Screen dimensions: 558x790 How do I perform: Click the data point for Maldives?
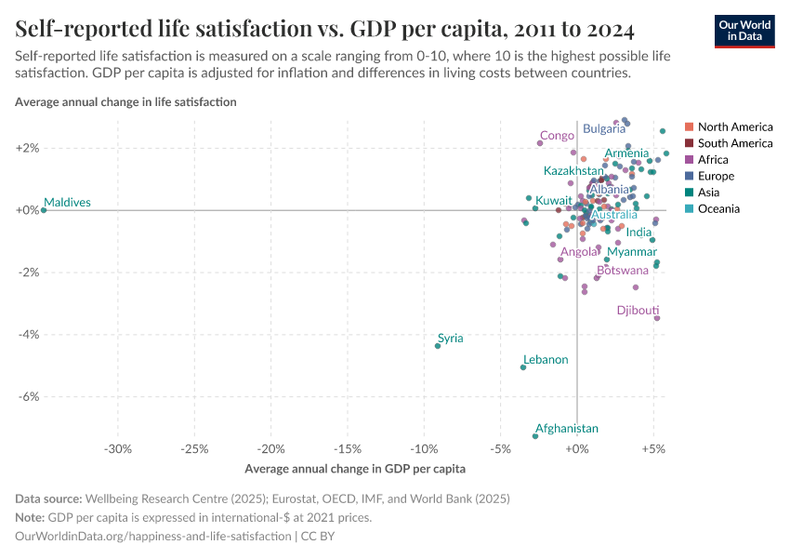(44, 210)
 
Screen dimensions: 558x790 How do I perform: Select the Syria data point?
(438, 346)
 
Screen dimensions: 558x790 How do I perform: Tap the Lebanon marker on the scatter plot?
(523, 367)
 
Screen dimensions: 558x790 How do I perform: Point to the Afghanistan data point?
(535, 436)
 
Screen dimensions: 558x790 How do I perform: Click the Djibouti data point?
(657, 318)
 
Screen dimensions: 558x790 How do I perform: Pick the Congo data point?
(540, 143)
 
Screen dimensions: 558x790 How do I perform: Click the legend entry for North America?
(734, 126)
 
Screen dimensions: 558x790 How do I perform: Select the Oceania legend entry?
(718, 208)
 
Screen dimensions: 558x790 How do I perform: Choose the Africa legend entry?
(714, 159)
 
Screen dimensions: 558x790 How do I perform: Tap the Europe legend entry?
(716, 176)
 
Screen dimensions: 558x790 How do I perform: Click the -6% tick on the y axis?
(28, 396)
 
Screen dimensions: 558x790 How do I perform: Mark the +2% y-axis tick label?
(28, 148)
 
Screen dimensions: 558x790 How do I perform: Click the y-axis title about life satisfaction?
(125, 101)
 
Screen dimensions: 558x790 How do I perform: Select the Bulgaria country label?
(604, 129)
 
